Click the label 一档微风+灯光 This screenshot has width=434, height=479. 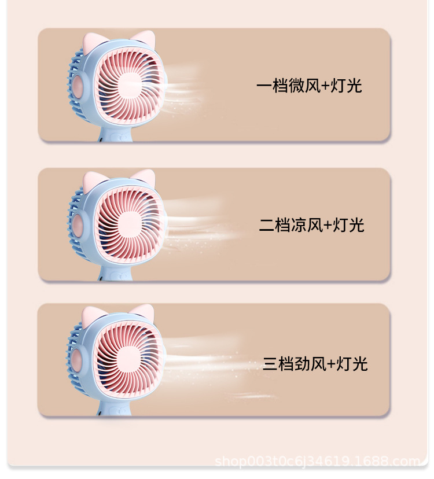coord(309,86)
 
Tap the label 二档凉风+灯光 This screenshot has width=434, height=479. coord(311,224)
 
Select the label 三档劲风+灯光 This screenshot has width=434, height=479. coord(315,364)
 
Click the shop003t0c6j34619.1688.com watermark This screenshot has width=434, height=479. coord(317,461)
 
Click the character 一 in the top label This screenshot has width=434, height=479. coord(264,86)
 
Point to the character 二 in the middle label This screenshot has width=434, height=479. coord(267,224)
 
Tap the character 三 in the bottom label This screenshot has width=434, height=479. coord(270,364)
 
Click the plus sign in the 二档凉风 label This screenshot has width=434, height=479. coord(328,225)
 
